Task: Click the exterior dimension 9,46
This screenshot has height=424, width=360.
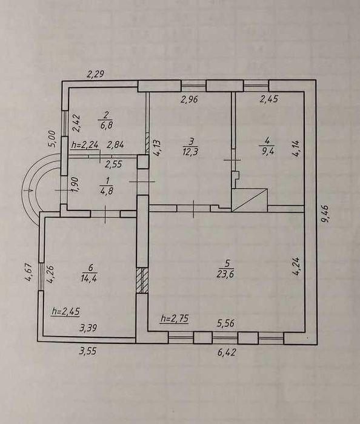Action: [325, 214]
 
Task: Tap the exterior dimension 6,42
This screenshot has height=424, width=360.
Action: [227, 352]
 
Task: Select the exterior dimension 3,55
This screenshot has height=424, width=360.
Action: [88, 352]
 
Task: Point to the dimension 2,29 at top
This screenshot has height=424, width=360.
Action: [95, 73]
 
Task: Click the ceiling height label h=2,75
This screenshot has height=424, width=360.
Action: [175, 318]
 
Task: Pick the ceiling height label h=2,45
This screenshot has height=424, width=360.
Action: [65, 311]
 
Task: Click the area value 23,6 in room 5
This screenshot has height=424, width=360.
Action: [225, 274]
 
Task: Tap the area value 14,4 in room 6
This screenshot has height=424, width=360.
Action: [89, 278]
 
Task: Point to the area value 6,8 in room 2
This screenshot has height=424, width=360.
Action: [105, 126]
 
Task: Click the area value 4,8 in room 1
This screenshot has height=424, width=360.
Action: [107, 190]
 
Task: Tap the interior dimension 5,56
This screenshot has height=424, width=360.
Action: [225, 323]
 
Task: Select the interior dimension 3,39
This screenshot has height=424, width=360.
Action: [88, 328]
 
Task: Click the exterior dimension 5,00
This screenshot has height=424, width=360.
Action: [52, 139]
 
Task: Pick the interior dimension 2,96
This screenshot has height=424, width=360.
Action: [190, 99]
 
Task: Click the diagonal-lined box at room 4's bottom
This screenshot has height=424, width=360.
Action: [250, 200]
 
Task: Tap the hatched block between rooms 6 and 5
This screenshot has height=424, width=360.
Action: [142, 280]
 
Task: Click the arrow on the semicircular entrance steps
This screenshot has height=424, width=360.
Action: [28, 190]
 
